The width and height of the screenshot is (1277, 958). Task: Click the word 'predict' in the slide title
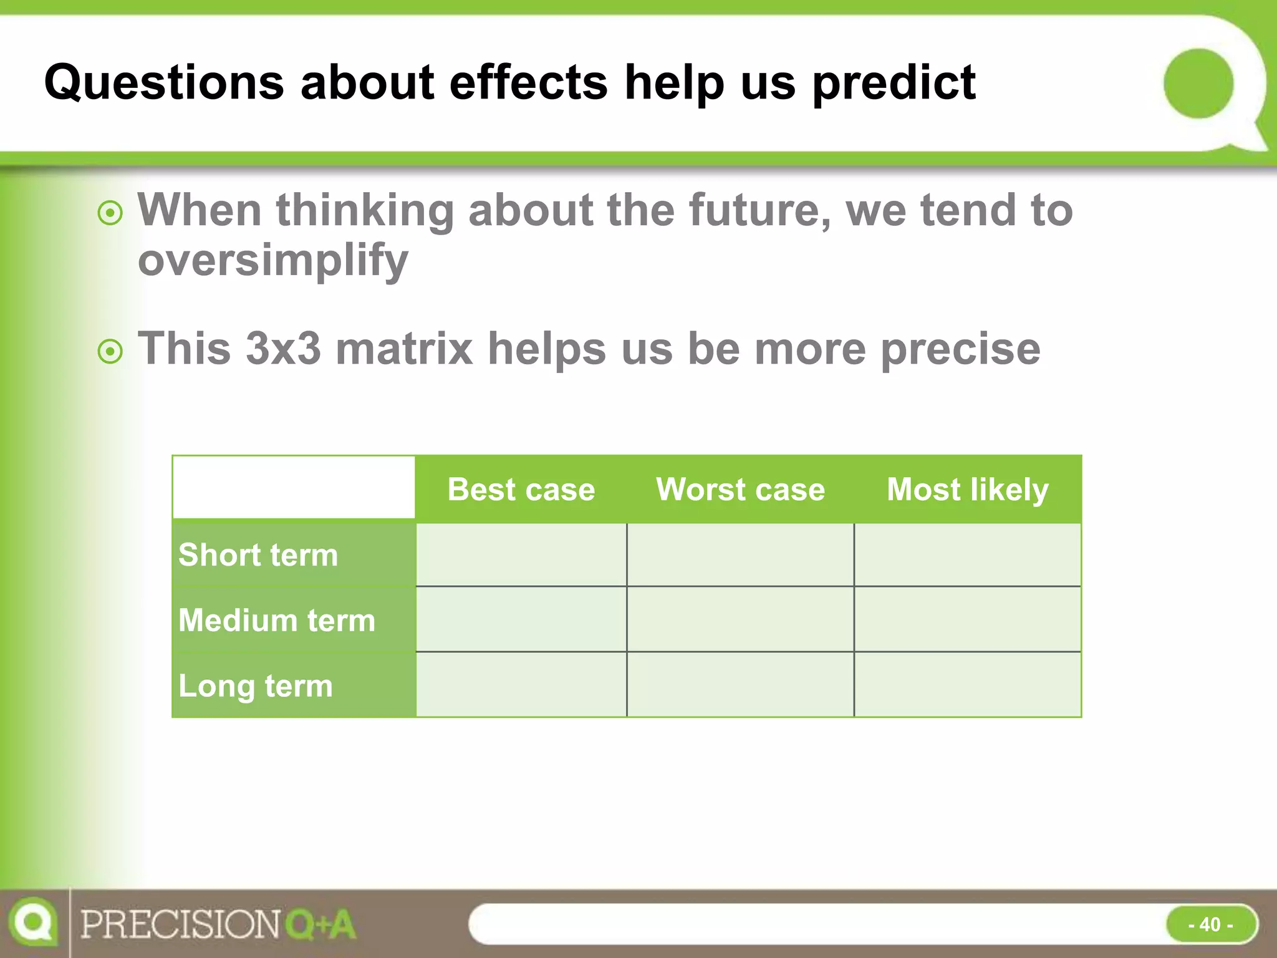[x=894, y=84]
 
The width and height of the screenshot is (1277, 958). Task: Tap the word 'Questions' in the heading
[x=164, y=82]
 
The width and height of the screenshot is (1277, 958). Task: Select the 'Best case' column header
[x=521, y=490]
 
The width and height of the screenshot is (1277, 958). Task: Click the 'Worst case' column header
[x=740, y=490]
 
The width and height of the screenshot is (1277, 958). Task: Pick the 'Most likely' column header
[x=967, y=490]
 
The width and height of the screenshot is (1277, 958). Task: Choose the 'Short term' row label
[x=258, y=555]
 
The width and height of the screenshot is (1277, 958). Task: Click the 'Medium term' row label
[x=277, y=621]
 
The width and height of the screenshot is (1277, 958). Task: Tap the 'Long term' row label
[x=256, y=686]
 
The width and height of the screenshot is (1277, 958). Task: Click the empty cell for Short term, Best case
[x=521, y=555]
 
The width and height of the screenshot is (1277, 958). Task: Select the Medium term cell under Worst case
[x=740, y=620]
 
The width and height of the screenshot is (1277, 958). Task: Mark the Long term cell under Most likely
[x=967, y=685]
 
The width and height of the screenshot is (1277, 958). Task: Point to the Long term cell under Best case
[x=521, y=685]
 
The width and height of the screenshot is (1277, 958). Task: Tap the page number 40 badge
[x=1211, y=924]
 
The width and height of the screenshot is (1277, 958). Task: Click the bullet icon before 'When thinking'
[x=110, y=214]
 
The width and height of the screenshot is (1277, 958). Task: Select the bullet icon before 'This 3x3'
[x=110, y=352]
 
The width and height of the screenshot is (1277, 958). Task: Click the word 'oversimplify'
[x=273, y=261]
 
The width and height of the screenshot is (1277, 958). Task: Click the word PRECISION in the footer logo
[x=181, y=924]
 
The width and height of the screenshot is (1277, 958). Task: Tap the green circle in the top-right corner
[x=1198, y=84]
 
